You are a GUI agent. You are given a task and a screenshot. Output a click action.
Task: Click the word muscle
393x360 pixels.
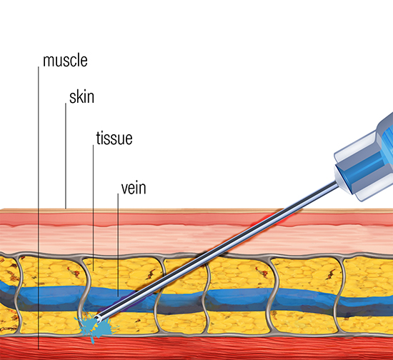[x=65, y=61]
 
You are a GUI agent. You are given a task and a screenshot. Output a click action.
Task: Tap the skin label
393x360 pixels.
[x=81, y=97]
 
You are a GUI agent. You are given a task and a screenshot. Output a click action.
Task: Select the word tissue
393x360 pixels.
[x=114, y=138]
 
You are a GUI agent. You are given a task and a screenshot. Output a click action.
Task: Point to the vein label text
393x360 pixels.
[x=134, y=188]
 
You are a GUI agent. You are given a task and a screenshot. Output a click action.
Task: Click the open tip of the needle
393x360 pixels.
[x=98, y=319]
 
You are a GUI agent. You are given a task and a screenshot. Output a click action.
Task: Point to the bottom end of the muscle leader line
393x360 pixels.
[x=39, y=349]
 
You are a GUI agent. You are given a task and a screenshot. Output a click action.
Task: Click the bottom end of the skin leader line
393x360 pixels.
[x=66, y=208]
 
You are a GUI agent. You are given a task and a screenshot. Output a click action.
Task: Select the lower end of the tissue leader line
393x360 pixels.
[x=93, y=271]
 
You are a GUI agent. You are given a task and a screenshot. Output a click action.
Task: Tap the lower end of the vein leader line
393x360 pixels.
[x=118, y=296]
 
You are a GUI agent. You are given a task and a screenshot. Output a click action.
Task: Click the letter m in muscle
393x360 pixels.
[x=48, y=61]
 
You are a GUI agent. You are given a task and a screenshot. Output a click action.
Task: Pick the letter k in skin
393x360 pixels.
[x=79, y=97]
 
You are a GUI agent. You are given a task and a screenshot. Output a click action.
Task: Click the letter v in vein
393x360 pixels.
[x=124, y=190]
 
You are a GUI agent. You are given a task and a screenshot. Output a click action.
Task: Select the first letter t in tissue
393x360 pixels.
[x=99, y=139]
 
